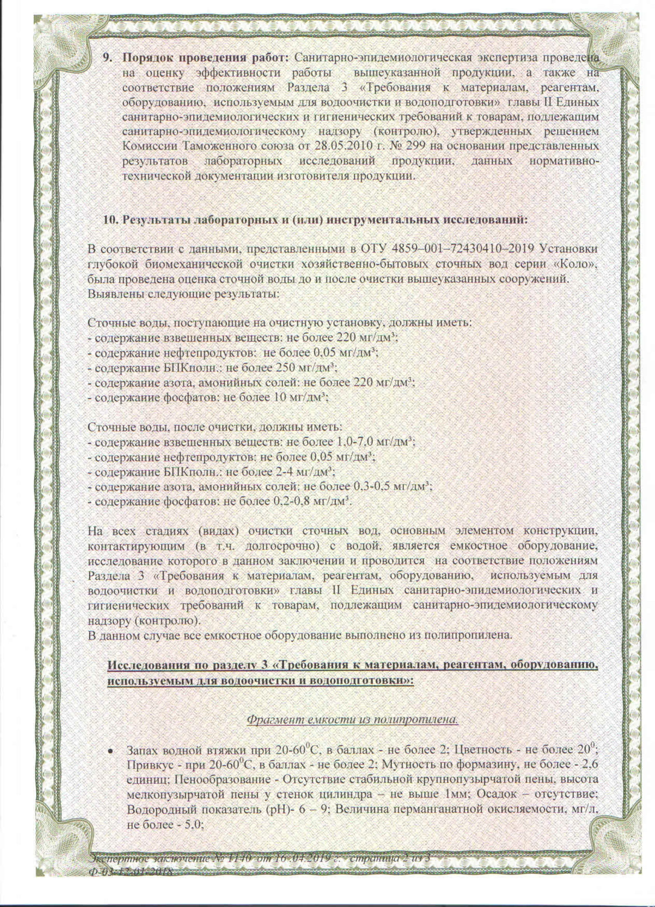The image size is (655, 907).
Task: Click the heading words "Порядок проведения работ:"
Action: tap(205, 57)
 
